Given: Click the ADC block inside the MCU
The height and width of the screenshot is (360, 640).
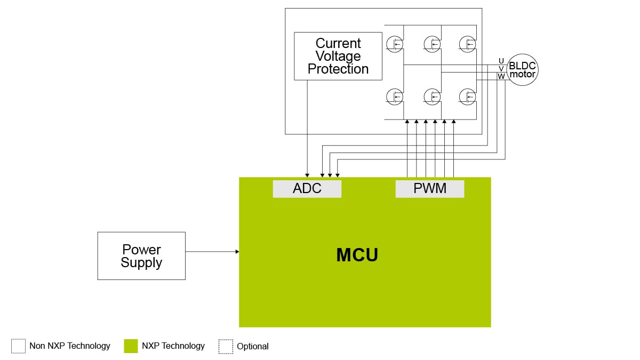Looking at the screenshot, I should click(x=307, y=189).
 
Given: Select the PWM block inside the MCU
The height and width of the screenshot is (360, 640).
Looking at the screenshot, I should click(x=429, y=189).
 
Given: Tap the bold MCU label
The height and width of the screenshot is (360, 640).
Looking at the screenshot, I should click(x=357, y=255).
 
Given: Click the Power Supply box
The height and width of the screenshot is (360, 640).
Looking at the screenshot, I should click(x=141, y=256).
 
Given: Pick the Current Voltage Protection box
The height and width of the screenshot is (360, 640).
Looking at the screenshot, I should click(x=338, y=56).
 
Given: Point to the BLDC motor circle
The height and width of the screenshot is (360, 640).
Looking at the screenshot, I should click(x=522, y=70).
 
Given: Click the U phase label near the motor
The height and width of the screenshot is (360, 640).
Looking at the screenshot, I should click(x=501, y=60).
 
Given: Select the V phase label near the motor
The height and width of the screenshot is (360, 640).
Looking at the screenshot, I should click(x=501, y=69).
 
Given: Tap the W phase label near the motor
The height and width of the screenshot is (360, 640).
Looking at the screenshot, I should click(x=501, y=77).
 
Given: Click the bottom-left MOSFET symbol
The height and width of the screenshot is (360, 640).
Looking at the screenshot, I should click(x=395, y=96).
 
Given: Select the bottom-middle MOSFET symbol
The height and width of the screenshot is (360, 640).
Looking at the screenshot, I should click(x=432, y=96).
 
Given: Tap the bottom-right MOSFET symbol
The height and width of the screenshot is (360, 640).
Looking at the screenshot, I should click(x=468, y=96).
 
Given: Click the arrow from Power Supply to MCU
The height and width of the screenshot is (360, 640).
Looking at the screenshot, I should click(x=212, y=251).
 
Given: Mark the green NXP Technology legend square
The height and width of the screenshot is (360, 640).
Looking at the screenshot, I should click(x=131, y=346).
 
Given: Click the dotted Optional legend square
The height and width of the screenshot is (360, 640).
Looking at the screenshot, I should click(x=226, y=346).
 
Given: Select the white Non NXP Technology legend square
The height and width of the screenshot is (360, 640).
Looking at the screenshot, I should click(x=18, y=346).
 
